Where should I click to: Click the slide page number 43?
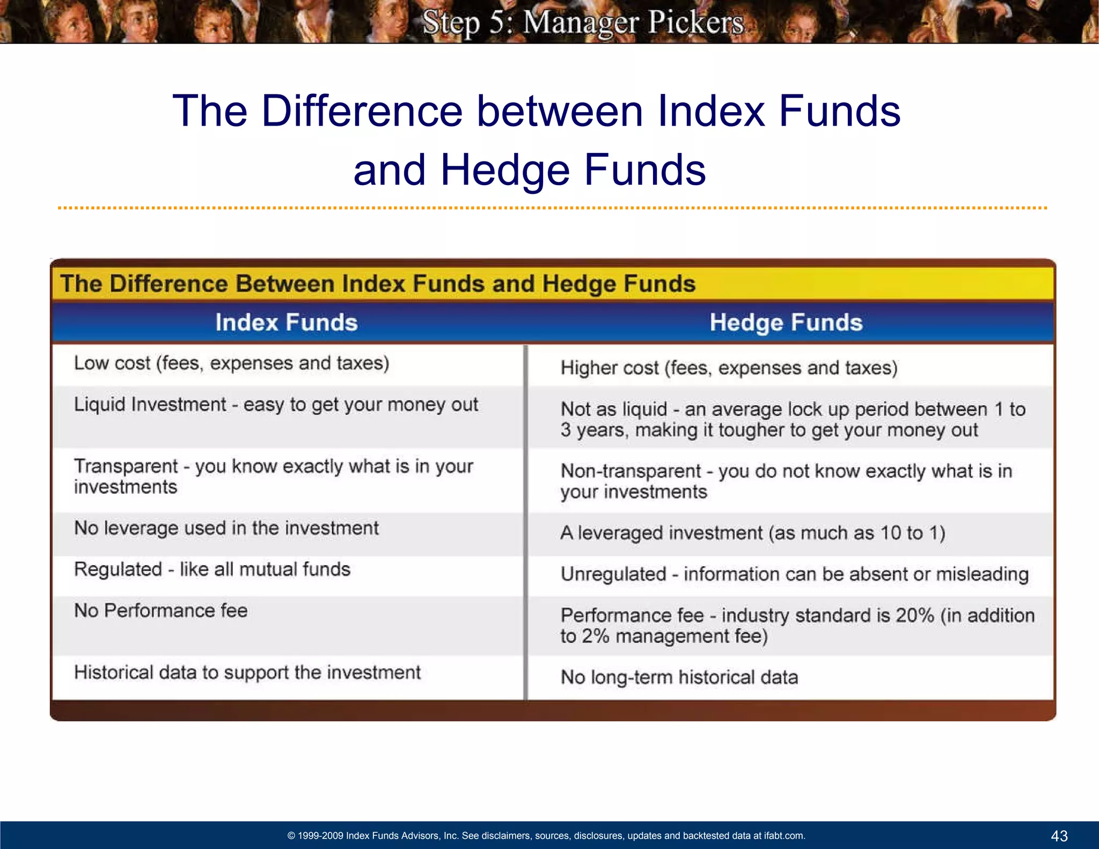[1059, 836]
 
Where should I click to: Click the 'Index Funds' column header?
[287, 323]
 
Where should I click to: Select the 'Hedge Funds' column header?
[786, 323]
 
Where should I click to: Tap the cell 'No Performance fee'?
[161, 611]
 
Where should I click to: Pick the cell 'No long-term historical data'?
[679, 677]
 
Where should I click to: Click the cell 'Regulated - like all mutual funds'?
[213, 569]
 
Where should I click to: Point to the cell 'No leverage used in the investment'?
[226, 528]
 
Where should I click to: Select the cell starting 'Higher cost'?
[729, 368]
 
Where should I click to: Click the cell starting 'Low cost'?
[232, 363]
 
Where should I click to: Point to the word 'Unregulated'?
[613, 574]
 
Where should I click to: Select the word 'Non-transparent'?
[631, 471]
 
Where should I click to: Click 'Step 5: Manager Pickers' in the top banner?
[583, 23]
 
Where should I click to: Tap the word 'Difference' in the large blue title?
[362, 111]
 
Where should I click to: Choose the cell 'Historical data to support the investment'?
[247, 672]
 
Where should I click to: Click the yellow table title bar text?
[378, 284]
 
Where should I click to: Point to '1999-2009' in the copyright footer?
[320, 836]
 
